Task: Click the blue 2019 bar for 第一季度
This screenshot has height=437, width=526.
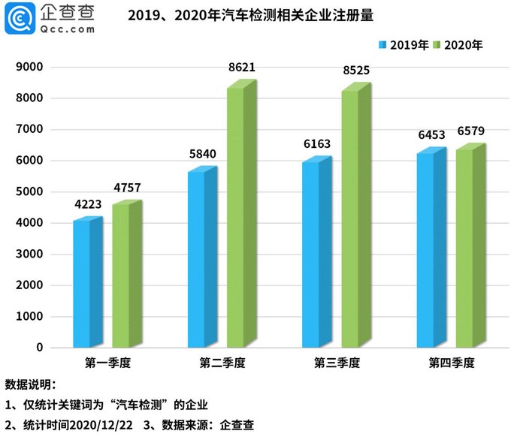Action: [x=88, y=282]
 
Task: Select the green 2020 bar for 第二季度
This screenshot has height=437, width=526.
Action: [x=242, y=213]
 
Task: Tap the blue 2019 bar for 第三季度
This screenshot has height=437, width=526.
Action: [x=317, y=252]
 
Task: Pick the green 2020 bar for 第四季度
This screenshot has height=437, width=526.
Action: [x=471, y=246]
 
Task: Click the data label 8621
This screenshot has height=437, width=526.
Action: [x=242, y=68]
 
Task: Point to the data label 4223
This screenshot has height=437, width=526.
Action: [x=88, y=204]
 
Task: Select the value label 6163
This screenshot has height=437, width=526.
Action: [x=317, y=143]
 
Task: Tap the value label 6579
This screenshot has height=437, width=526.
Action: [x=471, y=131]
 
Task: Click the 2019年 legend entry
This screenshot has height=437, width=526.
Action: [x=404, y=45]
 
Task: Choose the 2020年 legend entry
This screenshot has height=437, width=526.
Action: [x=458, y=45]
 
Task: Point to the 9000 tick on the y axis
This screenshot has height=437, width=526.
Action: [x=29, y=67]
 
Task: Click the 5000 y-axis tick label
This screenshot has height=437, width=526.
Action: [x=29, y=191]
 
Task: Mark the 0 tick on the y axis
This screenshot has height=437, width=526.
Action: [x=40, y=348]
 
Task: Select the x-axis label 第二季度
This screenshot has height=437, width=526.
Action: [x=222, y=363]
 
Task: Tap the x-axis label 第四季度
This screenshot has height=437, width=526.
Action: [x=452, y=363]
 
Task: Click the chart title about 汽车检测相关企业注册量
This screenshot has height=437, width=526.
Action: [x=250, y=16]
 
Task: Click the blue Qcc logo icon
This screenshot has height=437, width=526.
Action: [x=20, y=18]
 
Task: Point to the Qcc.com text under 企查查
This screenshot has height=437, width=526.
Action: [x=68, y=29]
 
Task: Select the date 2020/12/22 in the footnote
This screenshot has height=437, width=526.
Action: [x=101, y=425]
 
